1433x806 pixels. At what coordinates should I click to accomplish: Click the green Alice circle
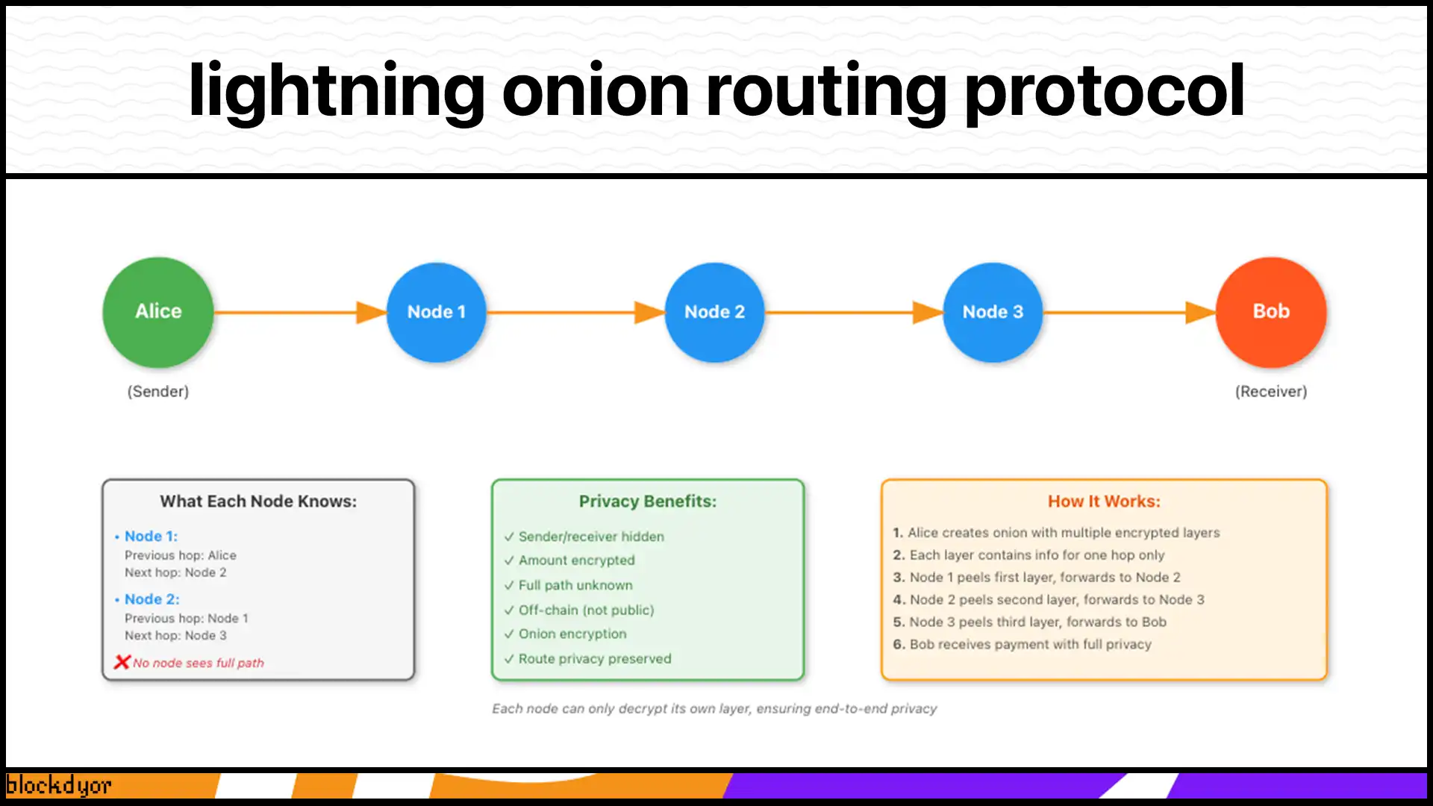pos(158,312)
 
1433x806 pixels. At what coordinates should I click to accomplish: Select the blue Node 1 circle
pos(437,312)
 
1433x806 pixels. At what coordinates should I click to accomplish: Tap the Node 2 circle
pos(714,312)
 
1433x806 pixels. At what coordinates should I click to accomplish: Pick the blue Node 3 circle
pos(993,312)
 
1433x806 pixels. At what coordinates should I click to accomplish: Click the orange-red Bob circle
pos(1271,312)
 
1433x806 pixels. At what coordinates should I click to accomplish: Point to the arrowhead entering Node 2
pos(648,312)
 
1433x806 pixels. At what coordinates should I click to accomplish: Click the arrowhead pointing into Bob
pos(1199,312)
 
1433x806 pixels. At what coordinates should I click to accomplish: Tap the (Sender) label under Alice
pos(158,391)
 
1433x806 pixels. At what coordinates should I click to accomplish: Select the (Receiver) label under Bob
pos(1271,391)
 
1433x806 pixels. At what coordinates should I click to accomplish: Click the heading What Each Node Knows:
pos(258,502)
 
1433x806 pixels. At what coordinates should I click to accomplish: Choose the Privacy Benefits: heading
pos(647,502)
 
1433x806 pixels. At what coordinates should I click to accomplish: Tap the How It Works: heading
pos(1104,502)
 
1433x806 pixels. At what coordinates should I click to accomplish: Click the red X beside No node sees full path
pos(122,662)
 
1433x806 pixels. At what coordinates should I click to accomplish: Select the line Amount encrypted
pos(576,560)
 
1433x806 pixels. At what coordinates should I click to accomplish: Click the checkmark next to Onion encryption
pos(509,634)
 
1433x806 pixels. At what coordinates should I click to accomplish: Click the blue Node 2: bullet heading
pos(152,599)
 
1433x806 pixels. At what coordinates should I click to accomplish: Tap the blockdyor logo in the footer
pos(58,785)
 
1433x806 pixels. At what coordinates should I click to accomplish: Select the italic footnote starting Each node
pos(714,708)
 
